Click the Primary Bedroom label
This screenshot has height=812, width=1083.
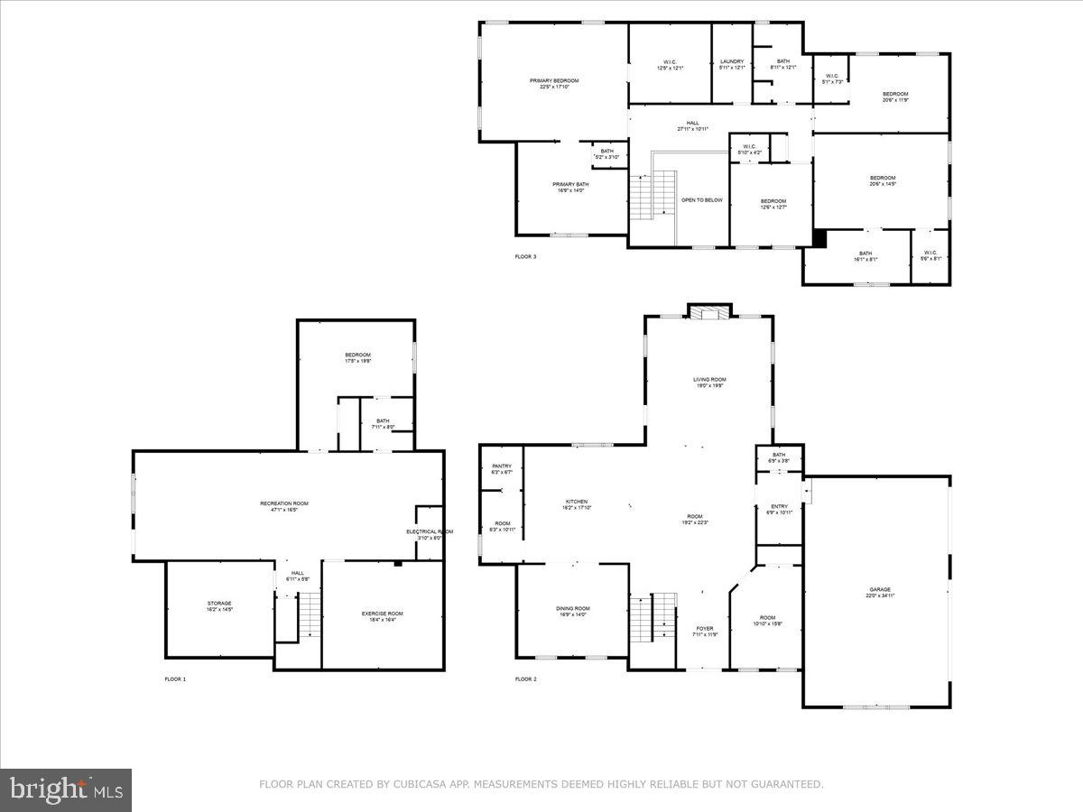[553, 81]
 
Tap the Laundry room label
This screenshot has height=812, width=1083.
[732, 61]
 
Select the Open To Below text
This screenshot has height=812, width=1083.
[701, 200]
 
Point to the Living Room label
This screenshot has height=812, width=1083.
[709, 380]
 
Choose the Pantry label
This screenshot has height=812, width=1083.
[502, 466]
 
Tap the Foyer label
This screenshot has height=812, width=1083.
[704, 628]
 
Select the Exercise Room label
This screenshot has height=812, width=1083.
[383, 614]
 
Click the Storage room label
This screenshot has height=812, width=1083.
[219, 604]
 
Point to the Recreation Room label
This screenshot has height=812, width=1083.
[284, 503]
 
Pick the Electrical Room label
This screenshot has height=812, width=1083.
[429, 532]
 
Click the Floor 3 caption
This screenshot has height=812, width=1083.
[525, 257]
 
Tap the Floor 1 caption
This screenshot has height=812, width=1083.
[175, 679]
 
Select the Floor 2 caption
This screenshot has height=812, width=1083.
[525, 679]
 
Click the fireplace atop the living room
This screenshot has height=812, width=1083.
[710, 311]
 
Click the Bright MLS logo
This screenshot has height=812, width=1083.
[66, 790]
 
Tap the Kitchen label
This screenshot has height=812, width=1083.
[577, 502]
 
